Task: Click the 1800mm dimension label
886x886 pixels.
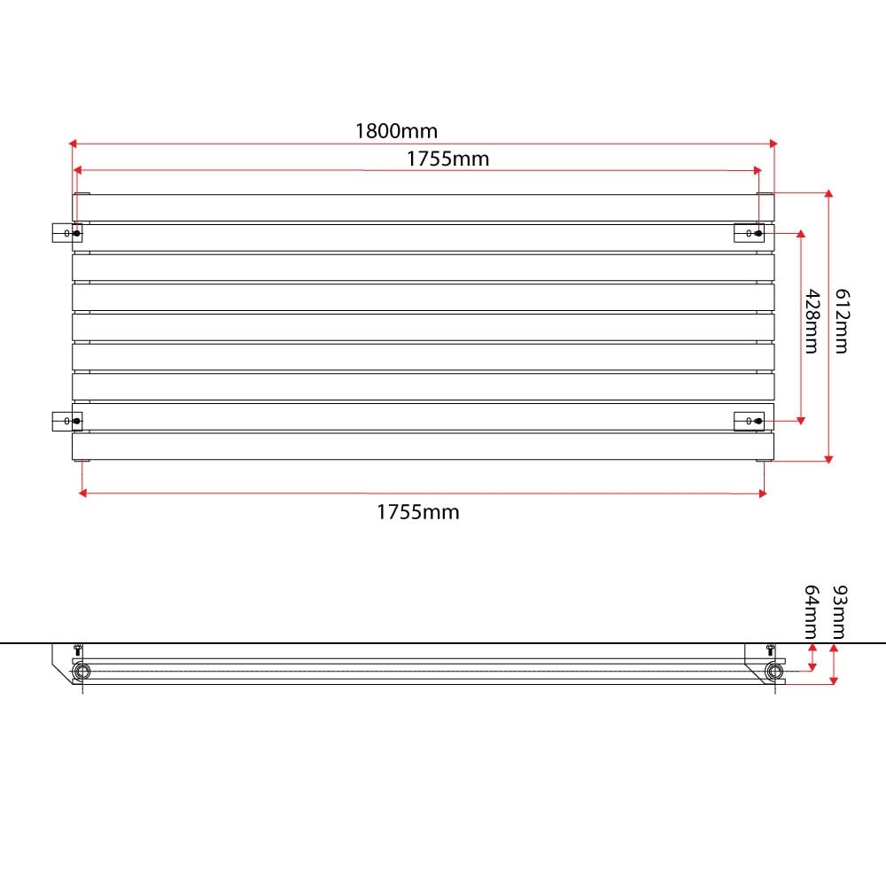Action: (x=396, y=131)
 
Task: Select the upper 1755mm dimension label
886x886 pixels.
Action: (x=448, y=159)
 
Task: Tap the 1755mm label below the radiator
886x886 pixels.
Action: (x=418, y=512)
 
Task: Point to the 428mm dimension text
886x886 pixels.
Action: (x=812, y=322)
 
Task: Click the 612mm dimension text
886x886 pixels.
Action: (x=843, y=322)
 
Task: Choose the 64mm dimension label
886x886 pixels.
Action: (x=812, y=612)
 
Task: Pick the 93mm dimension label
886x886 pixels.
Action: (x=840, y=612)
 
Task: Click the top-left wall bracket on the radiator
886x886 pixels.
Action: (x=67, y=233)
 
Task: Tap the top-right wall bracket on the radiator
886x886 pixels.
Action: (x=750, y=233)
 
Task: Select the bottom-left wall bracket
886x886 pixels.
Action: (x=67, y=421)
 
